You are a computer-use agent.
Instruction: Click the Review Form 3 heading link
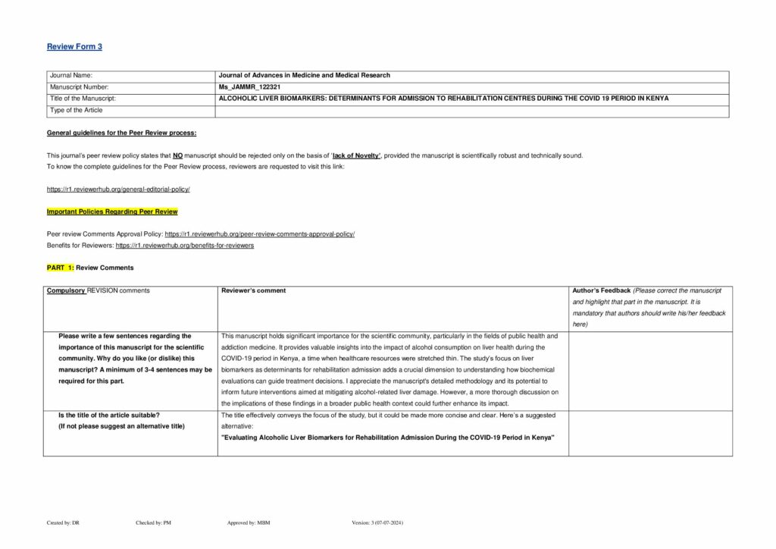74,47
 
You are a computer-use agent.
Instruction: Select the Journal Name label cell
70,76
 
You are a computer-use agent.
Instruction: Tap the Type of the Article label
77,111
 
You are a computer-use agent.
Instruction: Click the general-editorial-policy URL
118,188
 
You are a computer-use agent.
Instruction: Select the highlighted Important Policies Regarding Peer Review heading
112,211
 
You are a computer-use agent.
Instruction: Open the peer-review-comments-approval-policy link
259,234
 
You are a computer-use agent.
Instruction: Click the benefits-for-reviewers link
184,246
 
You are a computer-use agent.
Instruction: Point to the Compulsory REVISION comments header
98,290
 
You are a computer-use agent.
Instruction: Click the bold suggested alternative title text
387,438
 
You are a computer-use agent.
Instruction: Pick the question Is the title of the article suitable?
109,415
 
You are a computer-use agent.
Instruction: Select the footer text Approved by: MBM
249,522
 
